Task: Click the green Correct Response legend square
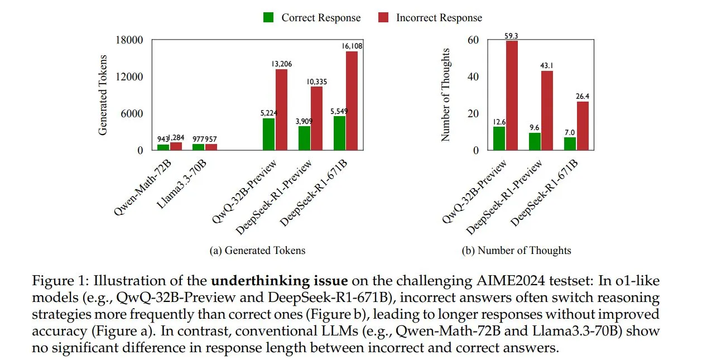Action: [x=268, y=18]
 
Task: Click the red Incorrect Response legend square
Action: [x=383, y=18]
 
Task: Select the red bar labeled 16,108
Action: [x=352, y=100]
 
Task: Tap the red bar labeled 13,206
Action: [x=282, y=109]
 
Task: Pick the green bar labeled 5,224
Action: [x=268, y=134]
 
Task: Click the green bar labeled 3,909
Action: [x=304, y=138]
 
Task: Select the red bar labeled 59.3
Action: [x=512, y=95]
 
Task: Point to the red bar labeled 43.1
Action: [x=547, y=111]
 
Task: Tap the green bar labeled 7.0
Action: [x=569, y=143]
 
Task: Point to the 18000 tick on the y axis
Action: [x=129, y=40]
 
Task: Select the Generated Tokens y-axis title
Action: [x=103, y=95]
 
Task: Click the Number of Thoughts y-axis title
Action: [x=445, y=95]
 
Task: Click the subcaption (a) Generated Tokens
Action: [x=257, y=251]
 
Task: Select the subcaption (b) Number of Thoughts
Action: [x=516, y=251]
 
